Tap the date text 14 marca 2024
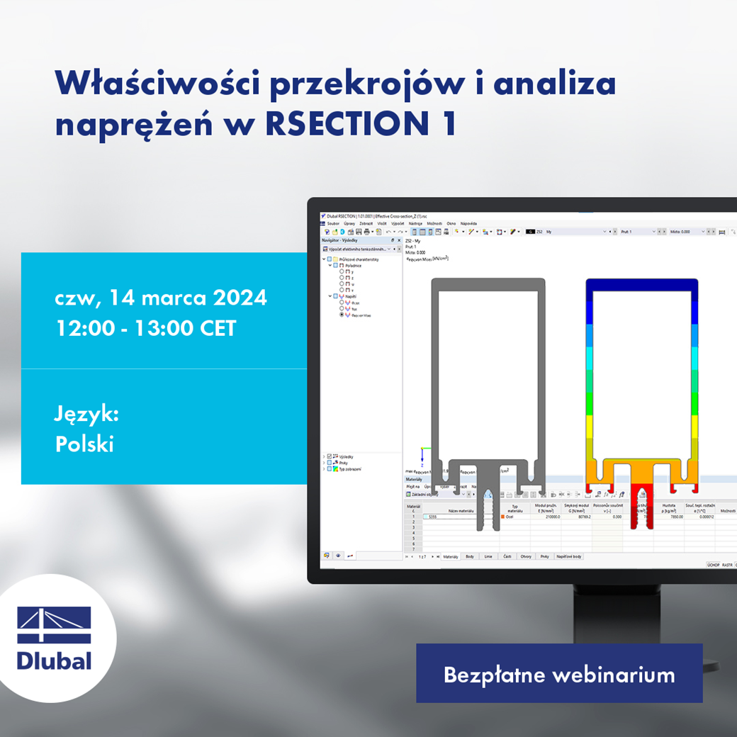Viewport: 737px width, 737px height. tap(186, 297)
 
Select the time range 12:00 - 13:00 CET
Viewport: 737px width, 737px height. tap(145, 328)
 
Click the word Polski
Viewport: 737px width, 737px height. tap(84, 444)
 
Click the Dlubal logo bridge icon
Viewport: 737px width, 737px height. tap(54, 624)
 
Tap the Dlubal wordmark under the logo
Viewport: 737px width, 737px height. tap(54, 661)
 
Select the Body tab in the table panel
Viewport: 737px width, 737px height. tap(470, 557)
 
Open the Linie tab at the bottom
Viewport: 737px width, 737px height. tap(488, 557)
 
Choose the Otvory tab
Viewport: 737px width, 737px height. tap(525, 557)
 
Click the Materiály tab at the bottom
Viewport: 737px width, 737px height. tap(451, 557)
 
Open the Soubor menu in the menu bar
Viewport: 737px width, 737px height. tap(333, 223)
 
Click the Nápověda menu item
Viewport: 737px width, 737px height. tap(468, 223)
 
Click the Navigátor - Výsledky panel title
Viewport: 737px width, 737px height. tap(340, 240)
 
